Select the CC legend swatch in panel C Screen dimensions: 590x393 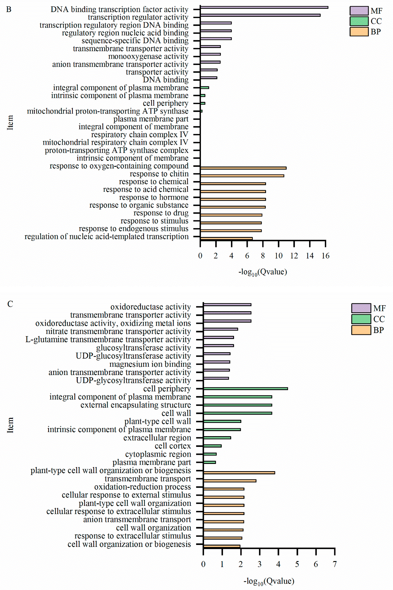pos(361,319)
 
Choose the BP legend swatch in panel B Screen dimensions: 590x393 pos(359,32)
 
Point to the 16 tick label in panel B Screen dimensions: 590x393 pos(325,256)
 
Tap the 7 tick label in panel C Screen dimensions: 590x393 pos(335,564)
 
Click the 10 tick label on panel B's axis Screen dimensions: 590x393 pos(278,256)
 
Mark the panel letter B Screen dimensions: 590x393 pos(9,9)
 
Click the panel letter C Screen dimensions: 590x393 pos(10,304)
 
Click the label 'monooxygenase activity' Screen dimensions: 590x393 pos(148,56)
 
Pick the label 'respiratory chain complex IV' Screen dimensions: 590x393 pos(140,135)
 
